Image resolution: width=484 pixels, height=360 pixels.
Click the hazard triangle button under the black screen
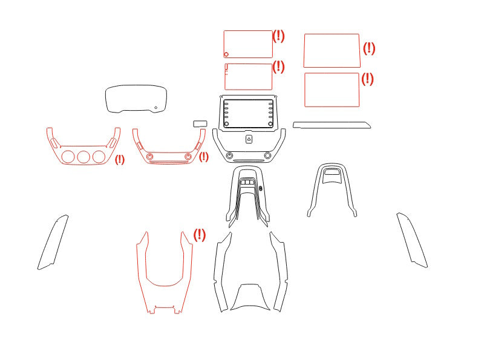[249, 139]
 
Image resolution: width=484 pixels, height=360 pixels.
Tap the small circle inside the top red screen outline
[226, 54]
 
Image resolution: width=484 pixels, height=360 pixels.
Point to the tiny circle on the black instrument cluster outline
[156, 108]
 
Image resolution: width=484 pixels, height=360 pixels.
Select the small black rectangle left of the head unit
[200, 124]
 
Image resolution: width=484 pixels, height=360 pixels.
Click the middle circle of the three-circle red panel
[83, 157]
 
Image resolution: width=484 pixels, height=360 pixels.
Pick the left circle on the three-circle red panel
[68, 157]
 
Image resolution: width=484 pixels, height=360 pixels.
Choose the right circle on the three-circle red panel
[99, 157]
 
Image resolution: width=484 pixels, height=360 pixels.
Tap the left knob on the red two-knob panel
[150, 156]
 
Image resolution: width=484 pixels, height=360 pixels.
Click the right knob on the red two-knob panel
[188, 156]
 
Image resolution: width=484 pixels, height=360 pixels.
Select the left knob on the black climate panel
[230, 155]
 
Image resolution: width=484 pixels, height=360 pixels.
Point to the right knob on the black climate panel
[267, 155]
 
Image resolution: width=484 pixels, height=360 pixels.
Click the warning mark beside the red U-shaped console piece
[200, 235]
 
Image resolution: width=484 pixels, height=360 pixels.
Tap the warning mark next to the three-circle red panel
[120, 160]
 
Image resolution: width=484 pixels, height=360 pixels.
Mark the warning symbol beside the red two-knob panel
[203, 157]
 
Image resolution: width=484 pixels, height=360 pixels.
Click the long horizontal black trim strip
[332, 125]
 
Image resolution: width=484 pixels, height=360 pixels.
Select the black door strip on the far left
[53, 243]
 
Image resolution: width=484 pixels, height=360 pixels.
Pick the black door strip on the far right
[412, 240]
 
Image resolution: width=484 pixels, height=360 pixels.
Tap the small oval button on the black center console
[261, 188]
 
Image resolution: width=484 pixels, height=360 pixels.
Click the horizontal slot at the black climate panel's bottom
[249, 161]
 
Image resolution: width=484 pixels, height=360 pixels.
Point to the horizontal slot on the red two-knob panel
[169, 162]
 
